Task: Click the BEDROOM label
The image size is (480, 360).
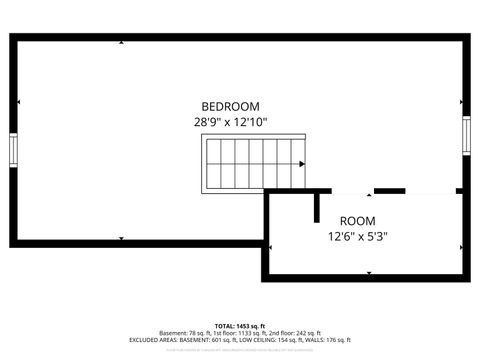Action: tap(230, 107)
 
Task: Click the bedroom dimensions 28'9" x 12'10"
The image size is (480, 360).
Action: tap(230, 122)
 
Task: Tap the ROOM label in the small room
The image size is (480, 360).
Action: tap(357, 221)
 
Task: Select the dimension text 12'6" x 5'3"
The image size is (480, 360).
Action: tap(357, 237)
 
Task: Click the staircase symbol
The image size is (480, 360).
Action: tap(241, 165)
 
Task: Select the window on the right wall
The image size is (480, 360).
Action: tap(466, 136)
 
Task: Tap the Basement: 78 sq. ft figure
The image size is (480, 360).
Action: tap(186, 333)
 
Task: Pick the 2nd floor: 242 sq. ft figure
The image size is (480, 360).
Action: tap(295, 333)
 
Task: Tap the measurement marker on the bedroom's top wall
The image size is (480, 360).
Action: tap(121, 42)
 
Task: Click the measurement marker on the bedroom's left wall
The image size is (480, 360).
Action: tap(19, 103)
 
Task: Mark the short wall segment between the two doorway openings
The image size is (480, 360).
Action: tap(389, 190)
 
